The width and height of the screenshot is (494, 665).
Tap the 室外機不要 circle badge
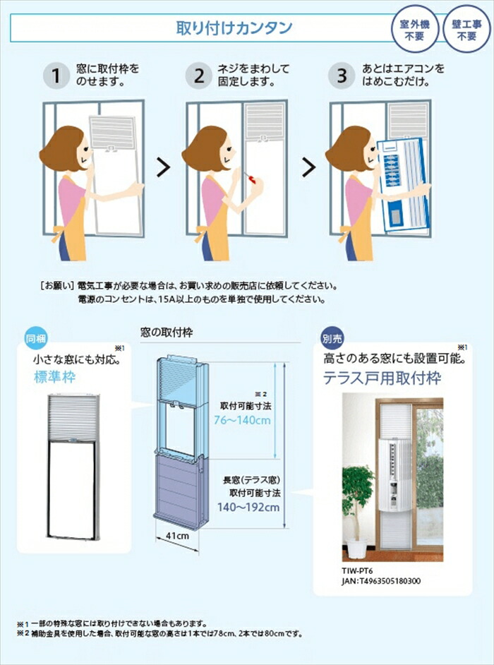click(x=414, y=29)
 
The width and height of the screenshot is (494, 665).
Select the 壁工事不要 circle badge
click(x=466, y=29)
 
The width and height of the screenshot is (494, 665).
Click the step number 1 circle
click(x=56, y=76)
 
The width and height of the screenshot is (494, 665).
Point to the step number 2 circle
click(x=198, y=76)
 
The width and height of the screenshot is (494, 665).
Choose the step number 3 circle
click(x=342, y=76)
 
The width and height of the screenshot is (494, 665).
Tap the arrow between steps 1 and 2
click(x=163, y=168)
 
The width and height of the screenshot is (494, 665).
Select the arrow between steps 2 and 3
click(x=308, y=168)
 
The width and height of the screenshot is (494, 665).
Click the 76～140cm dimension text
click(x=242, y=421)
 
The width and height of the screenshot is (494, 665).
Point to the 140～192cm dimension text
click(x=248, y=507)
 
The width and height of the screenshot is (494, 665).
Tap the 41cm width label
click(x=177, y=536)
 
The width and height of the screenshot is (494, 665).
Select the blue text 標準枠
click(x=55, y=377)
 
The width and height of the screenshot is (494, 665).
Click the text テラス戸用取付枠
click(x=382, y=378)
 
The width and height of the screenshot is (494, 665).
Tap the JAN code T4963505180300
click(x=381, y=581)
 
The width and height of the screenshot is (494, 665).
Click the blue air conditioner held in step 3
click(x=403, y=184)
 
